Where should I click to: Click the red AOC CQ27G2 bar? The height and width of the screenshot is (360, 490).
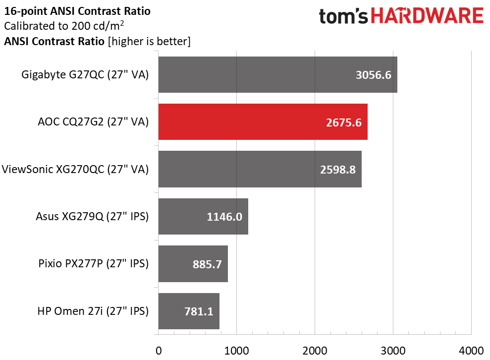263,121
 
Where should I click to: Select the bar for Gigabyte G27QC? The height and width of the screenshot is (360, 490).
278,74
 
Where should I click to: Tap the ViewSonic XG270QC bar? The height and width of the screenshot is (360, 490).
260,169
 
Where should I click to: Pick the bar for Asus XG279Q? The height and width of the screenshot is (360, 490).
203,216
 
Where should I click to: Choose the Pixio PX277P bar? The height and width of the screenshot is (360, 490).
193,264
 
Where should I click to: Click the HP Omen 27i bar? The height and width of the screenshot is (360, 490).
189,311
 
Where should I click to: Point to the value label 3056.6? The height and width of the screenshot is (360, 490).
374,75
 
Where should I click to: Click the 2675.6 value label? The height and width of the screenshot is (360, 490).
344,122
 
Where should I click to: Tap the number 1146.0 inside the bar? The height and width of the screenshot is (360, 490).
224,217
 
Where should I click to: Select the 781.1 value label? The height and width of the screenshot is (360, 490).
199,311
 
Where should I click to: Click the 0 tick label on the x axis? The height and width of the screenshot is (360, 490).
159,351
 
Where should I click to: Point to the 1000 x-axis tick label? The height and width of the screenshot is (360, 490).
236,351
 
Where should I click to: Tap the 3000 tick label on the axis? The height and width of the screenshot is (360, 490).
393,351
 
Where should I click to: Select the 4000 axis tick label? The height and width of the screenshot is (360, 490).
471,351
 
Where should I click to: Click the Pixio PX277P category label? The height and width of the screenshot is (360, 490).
94,264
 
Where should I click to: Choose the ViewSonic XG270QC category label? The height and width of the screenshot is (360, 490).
75,169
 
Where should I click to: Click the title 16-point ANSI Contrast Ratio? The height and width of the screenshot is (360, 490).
77,11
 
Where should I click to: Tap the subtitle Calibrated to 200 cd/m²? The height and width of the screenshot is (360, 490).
64,26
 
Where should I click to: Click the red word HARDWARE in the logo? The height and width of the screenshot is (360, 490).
427,16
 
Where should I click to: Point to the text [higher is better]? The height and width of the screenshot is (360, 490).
149,41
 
